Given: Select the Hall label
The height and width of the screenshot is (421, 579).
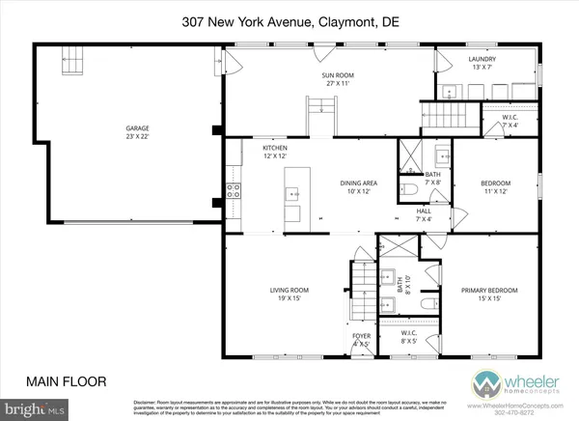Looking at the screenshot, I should point(423,213).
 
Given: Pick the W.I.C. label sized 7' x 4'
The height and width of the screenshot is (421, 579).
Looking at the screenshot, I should point(510,121).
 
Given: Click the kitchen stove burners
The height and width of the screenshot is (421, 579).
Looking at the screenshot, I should point(233,190).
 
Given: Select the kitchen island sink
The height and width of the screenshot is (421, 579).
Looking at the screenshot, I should point(292,192).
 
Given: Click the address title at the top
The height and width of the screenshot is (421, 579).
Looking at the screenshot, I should point(289,20).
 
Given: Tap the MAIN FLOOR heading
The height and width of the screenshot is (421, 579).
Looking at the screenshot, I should point(67,380).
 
